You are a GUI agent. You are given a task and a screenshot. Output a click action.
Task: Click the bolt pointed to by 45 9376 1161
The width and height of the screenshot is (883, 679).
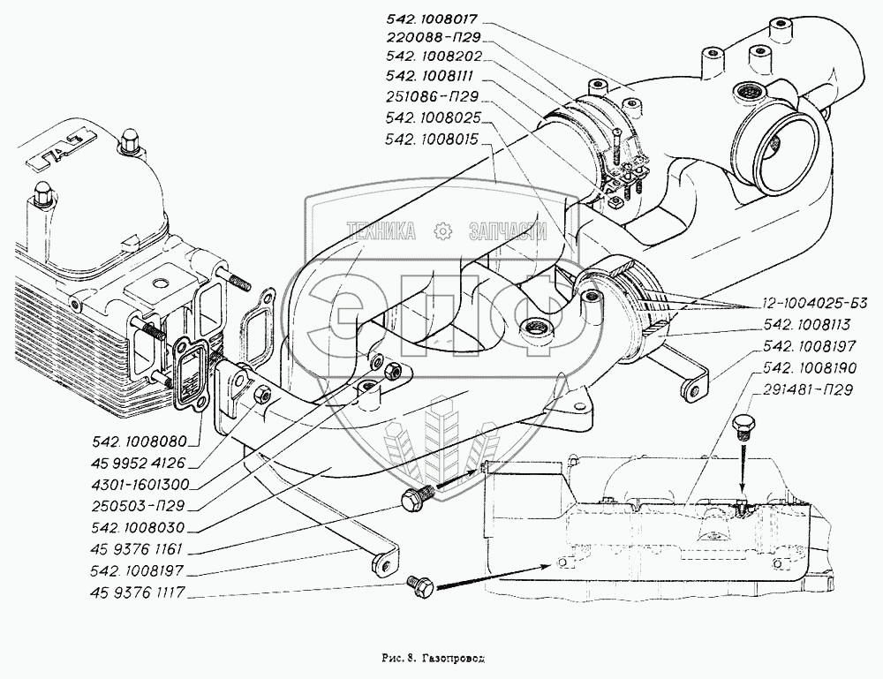pos(415,498)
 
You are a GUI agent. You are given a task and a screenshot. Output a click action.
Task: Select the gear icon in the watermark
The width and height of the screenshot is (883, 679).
pos(441,231)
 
